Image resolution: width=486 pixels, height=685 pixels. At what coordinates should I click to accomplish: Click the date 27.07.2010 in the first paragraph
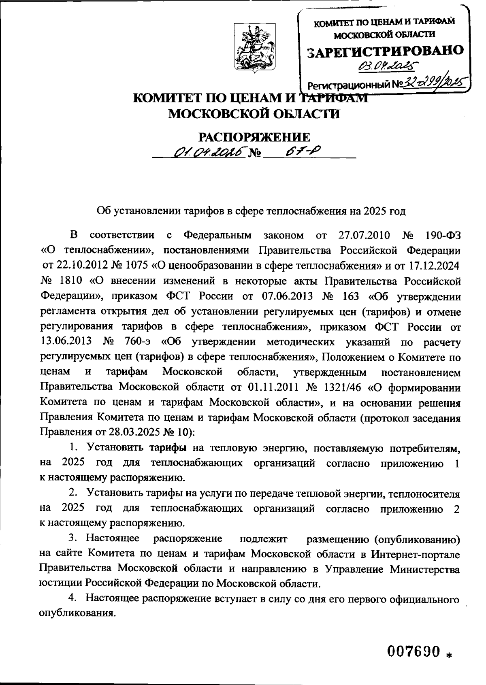point(363,235)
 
